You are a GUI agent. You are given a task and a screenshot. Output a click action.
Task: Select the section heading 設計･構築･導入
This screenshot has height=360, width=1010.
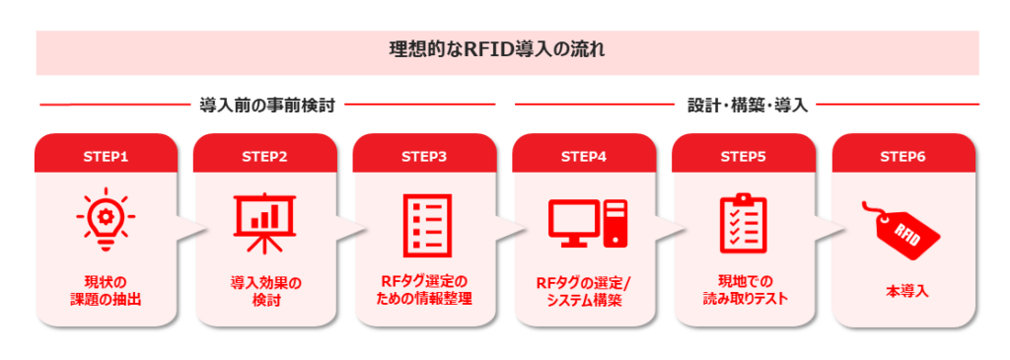tap(748, 105)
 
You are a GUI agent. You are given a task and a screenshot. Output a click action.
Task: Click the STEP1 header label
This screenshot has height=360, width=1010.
tap(107, 156)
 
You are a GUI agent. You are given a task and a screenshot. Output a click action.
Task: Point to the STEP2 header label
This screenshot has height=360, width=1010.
tap(265, 156)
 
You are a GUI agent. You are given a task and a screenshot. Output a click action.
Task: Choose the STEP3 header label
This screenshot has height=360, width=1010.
tap(425, 156)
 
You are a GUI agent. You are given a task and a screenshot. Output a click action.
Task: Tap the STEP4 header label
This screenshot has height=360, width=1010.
tap(584, 156)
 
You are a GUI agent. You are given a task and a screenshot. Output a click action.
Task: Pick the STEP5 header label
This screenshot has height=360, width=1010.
tap(744, 156)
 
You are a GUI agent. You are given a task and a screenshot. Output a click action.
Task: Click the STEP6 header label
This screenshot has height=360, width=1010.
tap(903, 156)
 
